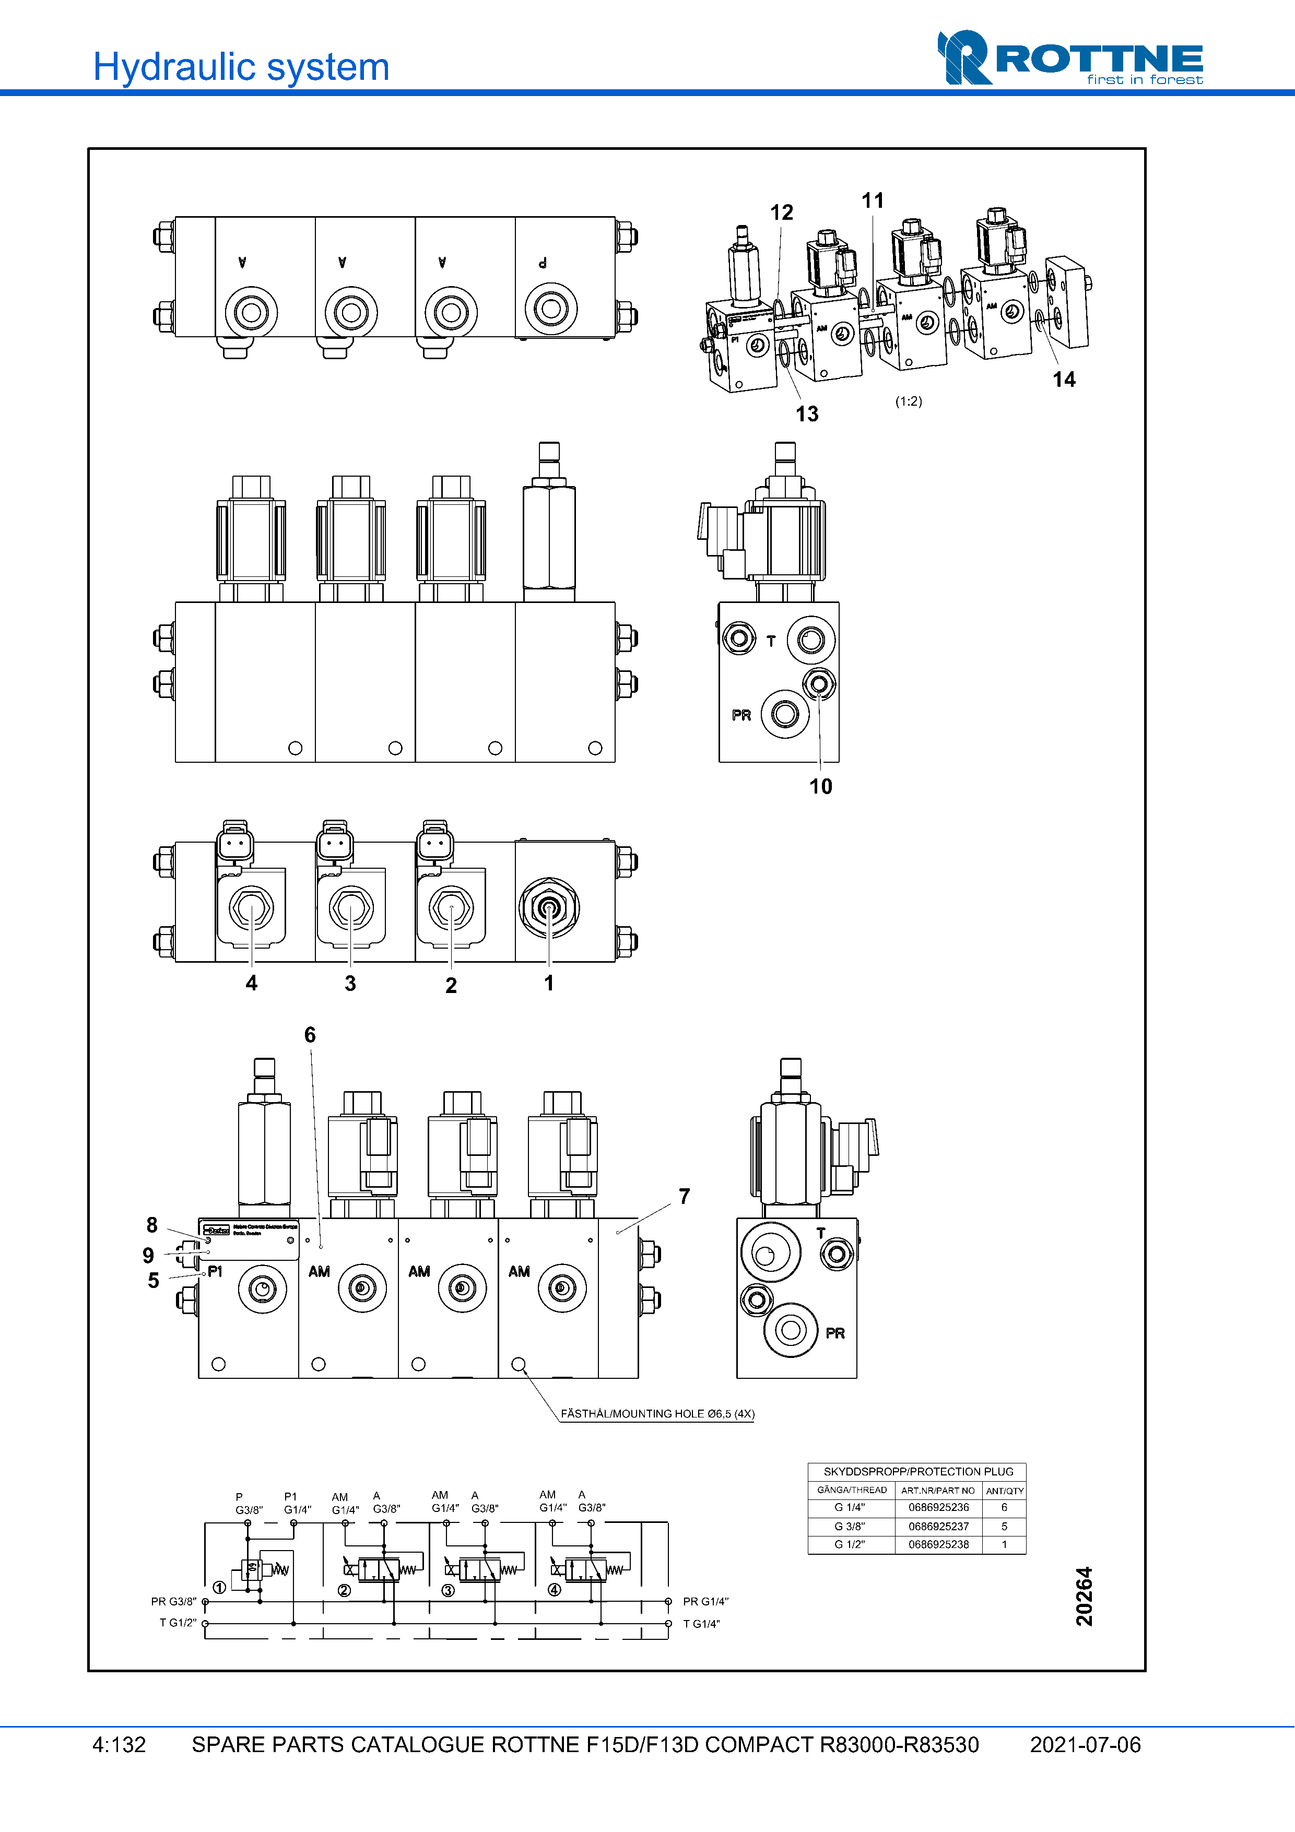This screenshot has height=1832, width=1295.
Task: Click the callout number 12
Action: pos(781,212)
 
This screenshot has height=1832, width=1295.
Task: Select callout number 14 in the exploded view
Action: pos(1064,380)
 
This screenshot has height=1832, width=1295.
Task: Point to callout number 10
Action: pos(820,787)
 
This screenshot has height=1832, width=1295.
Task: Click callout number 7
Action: pos(684,1196)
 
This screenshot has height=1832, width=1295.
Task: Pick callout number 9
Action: pos(148,1255)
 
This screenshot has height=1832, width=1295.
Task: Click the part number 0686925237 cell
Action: pos(938,1527)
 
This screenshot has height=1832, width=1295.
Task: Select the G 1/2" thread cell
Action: pos(849,1545)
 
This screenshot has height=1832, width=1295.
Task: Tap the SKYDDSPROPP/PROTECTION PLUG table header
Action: pos(917,1471)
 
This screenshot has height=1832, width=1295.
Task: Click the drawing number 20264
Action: pos(1084,1597)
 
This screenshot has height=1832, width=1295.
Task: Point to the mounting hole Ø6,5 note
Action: pos(657,1414)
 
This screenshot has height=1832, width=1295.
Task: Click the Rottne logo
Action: pos(1070,58)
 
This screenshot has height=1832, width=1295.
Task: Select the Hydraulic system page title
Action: pos(241,67)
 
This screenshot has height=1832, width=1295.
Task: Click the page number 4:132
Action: pos(119,1745)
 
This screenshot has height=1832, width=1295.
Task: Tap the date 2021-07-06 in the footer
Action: pos(1085,1745)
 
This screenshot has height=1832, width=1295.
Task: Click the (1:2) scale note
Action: pos(908,401)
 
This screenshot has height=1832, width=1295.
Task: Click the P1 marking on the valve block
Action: pos(215,1271)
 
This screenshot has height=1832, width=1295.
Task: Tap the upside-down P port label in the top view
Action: pos(543,263)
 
